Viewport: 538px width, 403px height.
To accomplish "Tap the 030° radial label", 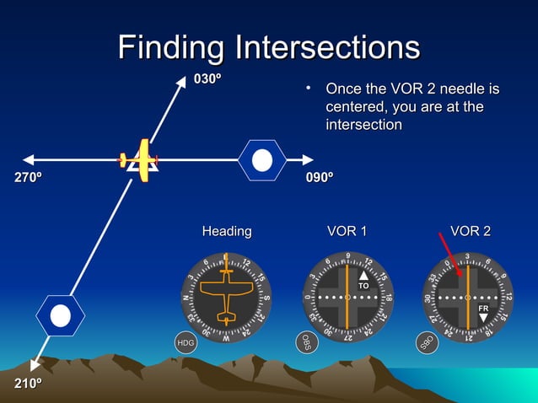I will pyautogui.click(x=208, y=79).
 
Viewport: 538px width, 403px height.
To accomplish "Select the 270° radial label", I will pyautogui.click(x=28, y=178).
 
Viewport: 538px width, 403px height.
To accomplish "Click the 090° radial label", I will pyautogui.click(x=319, y=178).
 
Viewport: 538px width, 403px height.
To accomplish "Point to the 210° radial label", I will pyautogui.click(x=28, y=384).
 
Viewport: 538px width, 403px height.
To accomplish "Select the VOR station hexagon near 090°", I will pyautogui.click(x=262, y=159).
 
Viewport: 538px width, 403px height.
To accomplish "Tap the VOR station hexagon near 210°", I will pyautogui.click(x=60, y=316).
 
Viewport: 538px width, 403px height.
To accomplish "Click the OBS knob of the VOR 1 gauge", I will pyautogui.click(x=305, y=341).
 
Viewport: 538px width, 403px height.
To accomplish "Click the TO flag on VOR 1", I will pyautogui.click(x=363, y=287).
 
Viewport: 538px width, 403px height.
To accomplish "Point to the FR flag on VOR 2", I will pyautogui.click(x=483, y=309).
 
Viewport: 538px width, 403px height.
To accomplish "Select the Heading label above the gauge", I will pyautogui.click(x=226, y=231).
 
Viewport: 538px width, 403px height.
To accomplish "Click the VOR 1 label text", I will pyautogui.click(x=347, y=231).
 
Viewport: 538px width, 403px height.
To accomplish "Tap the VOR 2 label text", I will pyautogui.click(x=470, y=231).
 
